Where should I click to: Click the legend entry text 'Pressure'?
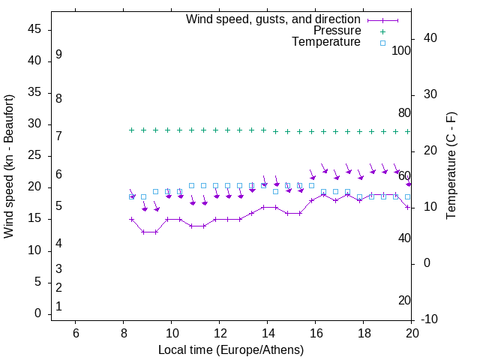pos(337,31)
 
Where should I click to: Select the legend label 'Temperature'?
pos(326,42)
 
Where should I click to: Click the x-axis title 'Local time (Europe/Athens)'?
pos(231,349)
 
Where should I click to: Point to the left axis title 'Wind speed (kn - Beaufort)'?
pos(9,166)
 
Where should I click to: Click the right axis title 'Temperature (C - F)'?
pos(451,166)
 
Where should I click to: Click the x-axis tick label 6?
pos(75,333)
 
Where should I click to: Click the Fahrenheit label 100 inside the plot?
pos(401,51)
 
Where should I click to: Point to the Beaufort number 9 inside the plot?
pos(58,55)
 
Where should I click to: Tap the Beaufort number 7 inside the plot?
pos(58,136)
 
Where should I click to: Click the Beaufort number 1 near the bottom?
pos(58,307)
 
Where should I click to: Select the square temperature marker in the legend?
pos(382,43)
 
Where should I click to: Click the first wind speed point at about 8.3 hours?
pos(131,220)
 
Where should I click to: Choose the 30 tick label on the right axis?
pos(430,94)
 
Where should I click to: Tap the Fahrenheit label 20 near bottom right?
pos(404,301)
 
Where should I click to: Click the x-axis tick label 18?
pos(364,333)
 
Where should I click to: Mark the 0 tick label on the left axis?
pos(37,313)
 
